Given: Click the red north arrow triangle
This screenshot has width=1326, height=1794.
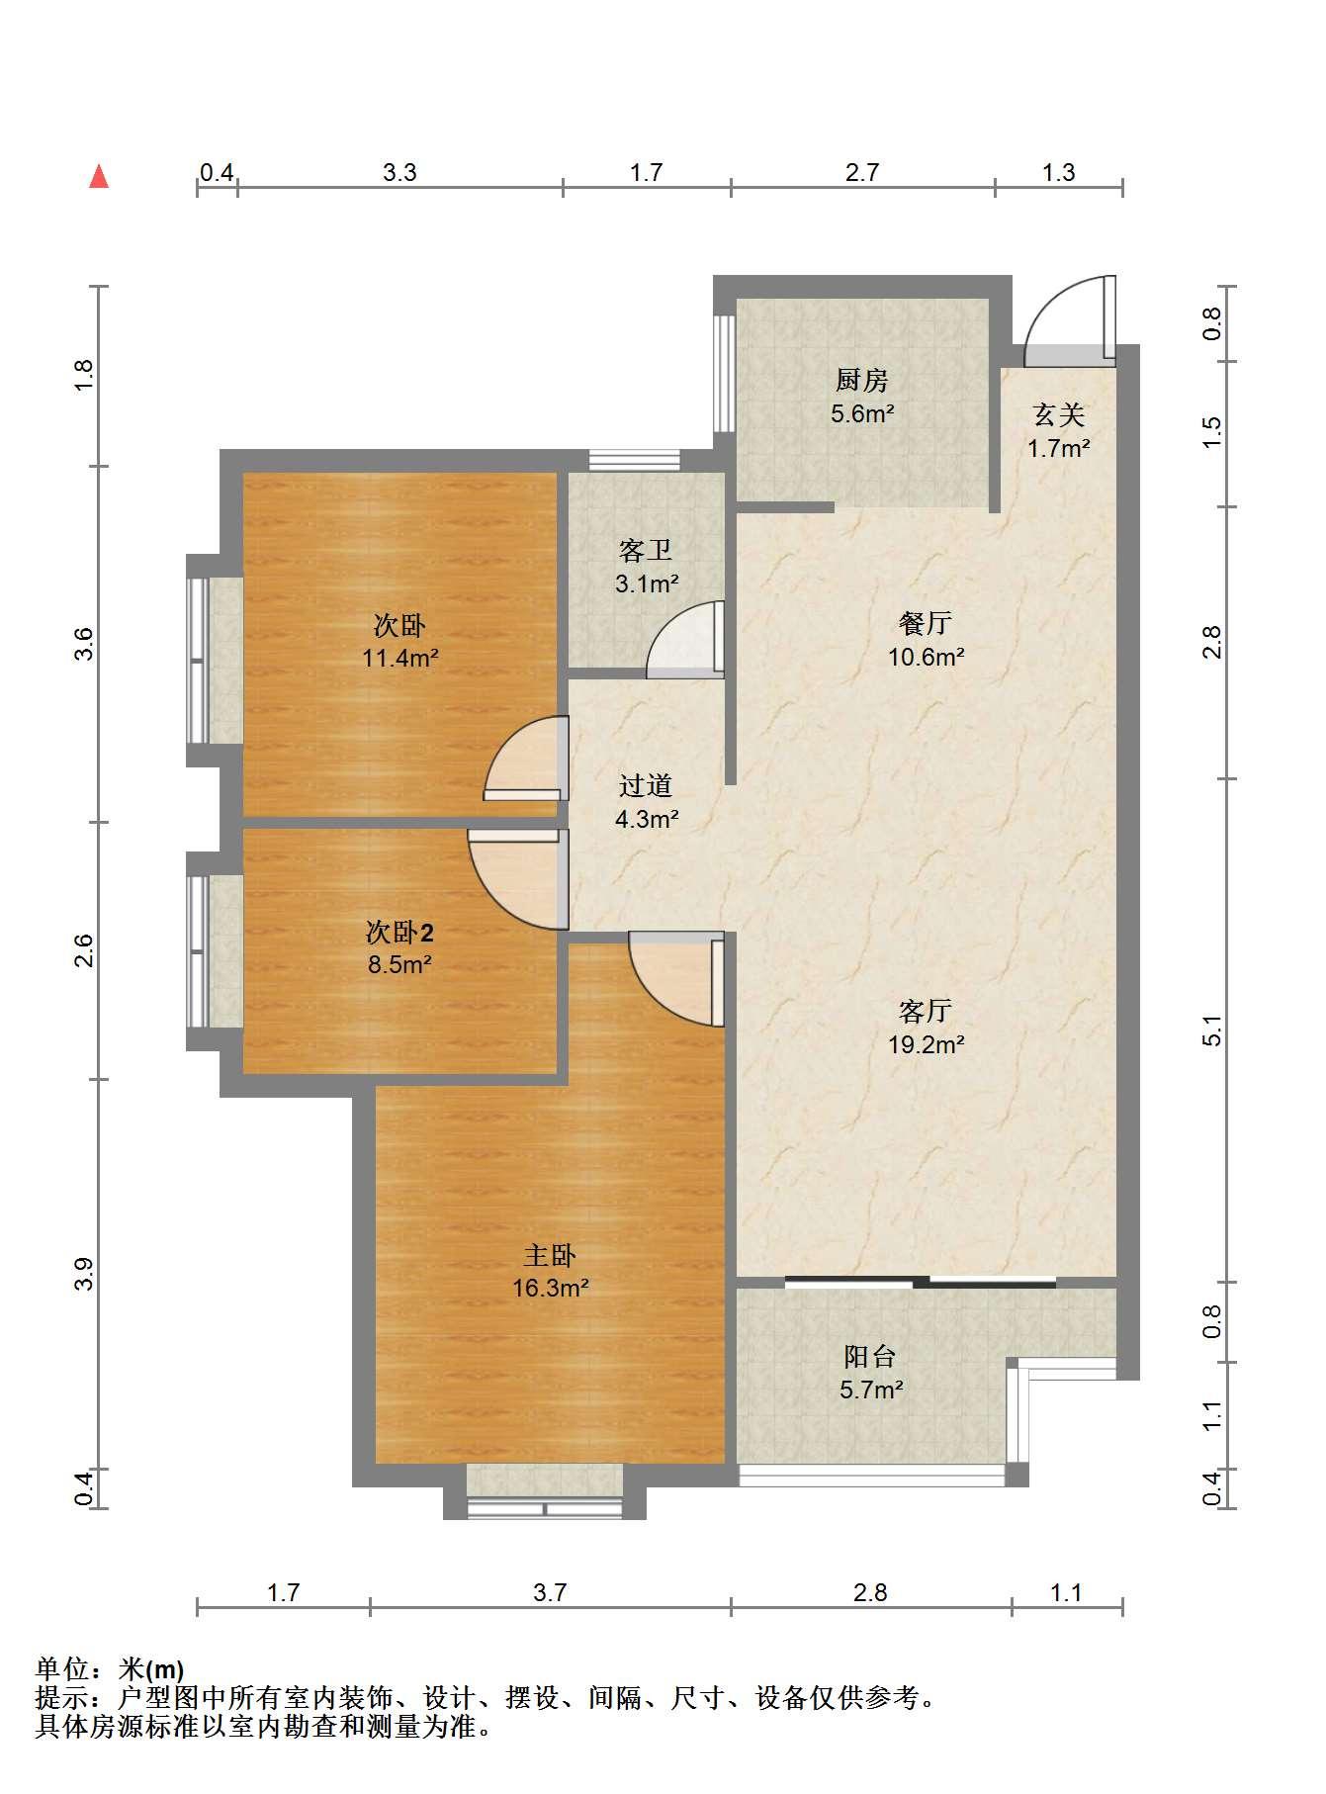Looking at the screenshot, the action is tap(99, 177).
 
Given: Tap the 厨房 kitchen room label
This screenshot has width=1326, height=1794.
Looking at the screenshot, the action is tap(862, 380).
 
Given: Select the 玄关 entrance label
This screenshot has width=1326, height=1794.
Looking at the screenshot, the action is tap(1059, 414).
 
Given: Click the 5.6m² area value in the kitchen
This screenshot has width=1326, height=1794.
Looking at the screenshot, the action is tap(862, 413).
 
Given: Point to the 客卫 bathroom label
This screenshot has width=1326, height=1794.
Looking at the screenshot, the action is tap(646, 550).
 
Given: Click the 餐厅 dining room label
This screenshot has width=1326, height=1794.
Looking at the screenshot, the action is tap(926, 623).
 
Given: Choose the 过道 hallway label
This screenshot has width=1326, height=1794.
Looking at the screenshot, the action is tap(646, 785).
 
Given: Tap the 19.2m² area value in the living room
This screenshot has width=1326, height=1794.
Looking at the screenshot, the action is tap(926, 1043).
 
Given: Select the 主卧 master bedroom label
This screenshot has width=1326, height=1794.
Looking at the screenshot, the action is tap(550, 1255).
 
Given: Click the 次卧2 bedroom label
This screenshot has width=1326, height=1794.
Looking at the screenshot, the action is tap(399, 932).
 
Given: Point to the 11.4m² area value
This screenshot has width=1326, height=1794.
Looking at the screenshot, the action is tap(399, 658).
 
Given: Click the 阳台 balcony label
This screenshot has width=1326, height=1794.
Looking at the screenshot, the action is tap(870, 1356).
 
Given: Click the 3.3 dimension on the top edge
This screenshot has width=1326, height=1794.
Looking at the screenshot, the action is tap(399, 173).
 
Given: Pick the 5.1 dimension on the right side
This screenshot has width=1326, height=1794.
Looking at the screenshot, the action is tap(1212, 1031).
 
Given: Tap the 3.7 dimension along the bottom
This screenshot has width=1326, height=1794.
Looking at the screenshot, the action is tap(550, 1592).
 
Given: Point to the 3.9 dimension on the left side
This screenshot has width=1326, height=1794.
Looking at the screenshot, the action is tap(83, 1273).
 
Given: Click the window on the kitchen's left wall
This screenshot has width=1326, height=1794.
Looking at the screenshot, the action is tap(724, 373).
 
